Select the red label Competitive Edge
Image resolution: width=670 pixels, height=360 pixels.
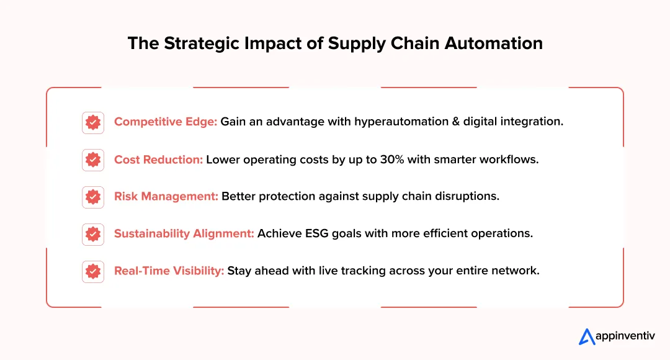[166, 122]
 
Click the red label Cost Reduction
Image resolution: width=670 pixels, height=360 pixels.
[158, 160]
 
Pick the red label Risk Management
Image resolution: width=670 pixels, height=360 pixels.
[166, 196]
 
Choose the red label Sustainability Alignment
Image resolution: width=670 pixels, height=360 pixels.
[184, 234]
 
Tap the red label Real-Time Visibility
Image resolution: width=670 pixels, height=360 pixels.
[169, 271]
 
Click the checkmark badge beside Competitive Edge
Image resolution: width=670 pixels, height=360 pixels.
[93, 122]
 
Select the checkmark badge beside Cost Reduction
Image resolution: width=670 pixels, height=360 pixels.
[93, 160]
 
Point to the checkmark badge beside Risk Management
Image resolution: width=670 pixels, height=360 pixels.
[93, 197]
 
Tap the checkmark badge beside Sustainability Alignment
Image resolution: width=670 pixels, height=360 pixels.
[93, 234]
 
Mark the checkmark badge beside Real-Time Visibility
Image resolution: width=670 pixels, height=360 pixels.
[93, 271]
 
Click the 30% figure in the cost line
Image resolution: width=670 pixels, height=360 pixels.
[393, 160]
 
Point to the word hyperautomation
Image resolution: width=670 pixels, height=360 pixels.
[401, 122]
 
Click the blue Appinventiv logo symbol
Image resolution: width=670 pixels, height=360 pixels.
[587, 336]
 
